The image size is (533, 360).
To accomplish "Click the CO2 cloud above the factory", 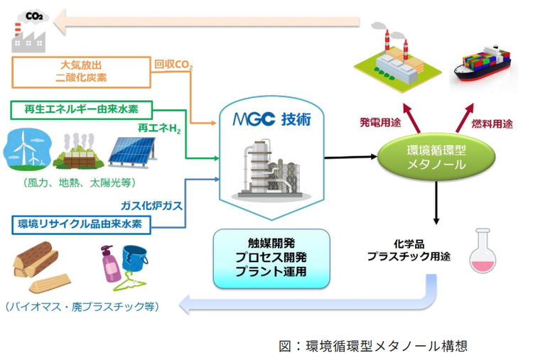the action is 34,16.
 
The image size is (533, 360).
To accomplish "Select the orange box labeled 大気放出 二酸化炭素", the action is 81,72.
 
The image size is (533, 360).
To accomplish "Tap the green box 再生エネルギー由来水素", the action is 81,109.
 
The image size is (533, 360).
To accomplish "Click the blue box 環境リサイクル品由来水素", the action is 81,224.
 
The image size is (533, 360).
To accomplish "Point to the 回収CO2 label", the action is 173,65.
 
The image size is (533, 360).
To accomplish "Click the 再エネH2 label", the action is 159,128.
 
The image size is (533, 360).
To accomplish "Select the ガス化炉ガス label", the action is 151,205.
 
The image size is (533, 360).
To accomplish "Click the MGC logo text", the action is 254,119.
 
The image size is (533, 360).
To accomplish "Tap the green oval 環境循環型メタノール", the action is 436,157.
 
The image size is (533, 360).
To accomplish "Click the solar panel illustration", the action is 133,152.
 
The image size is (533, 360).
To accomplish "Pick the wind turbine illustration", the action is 27,149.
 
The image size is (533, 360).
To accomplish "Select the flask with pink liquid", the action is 483,251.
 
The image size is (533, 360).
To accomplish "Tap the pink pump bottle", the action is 110,263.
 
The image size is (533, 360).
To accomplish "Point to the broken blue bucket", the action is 135,258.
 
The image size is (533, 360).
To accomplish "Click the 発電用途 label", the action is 380,122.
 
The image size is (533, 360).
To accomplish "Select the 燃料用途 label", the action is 492,124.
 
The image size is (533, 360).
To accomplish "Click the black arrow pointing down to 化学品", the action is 436,203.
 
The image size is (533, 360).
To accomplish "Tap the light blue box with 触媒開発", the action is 271,258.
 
